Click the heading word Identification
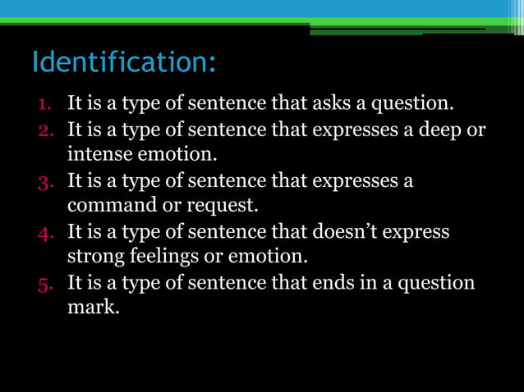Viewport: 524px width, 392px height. pos(123,62)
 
